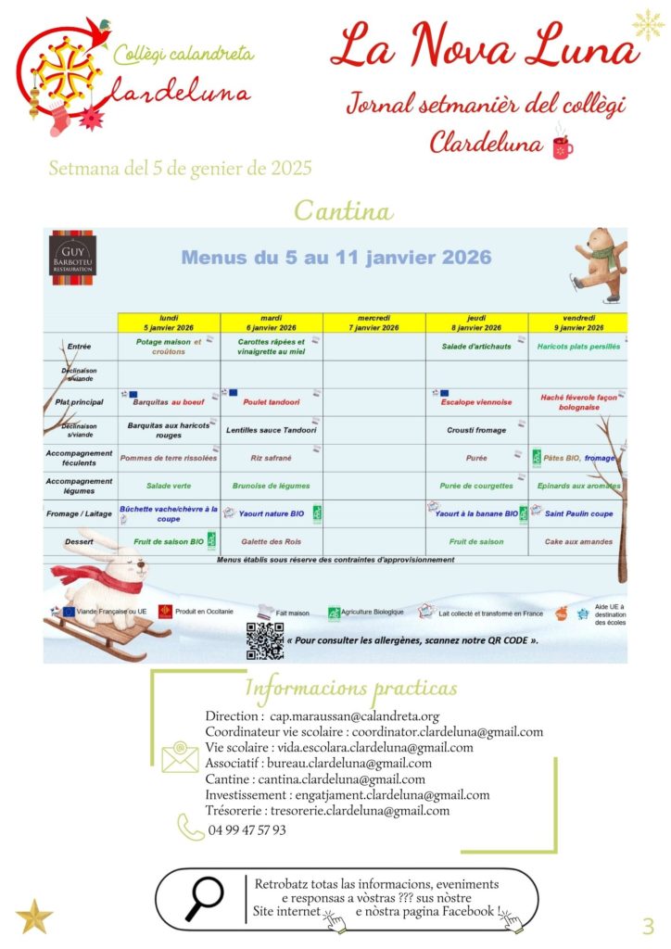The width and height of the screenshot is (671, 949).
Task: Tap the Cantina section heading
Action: (x=343, y=210)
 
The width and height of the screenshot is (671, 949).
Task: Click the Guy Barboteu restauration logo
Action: (x=73, y=254)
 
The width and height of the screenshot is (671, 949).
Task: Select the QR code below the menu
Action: (x=264, y=640)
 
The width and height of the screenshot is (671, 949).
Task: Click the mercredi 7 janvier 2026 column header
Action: (x=374, y=323)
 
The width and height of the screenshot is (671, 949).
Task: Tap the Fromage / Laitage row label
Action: (x=80, y=513)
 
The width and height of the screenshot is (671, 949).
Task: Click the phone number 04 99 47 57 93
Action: (x=247, y=830)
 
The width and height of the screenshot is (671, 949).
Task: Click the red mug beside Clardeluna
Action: (x=562, y=145)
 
